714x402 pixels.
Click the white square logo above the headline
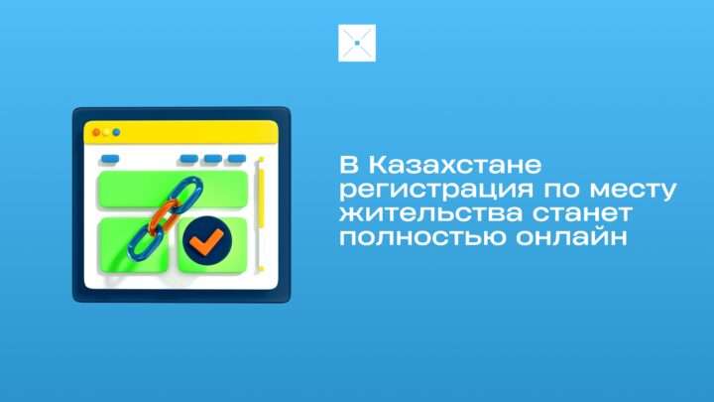click(357, 43)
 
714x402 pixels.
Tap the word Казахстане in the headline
click(455, 165)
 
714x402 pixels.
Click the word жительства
click(430, 213)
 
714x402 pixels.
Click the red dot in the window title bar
click(96, 132)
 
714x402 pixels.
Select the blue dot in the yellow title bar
click(116, 132)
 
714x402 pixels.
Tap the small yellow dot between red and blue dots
click(106, 132)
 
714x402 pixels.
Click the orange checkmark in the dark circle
click(206, 241)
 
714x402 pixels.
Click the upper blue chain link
click(187, 196)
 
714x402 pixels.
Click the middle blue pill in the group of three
click(212, 159)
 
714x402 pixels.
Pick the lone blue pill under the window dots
click(110, 159)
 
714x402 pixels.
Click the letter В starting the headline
click(349, 165)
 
